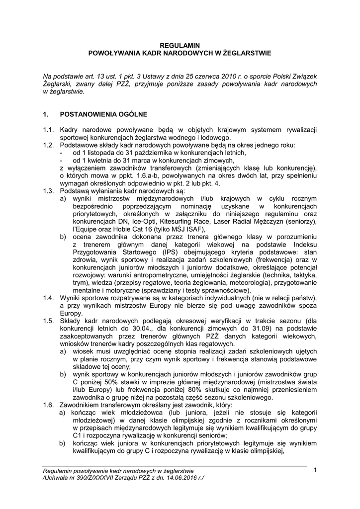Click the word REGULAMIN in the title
180,44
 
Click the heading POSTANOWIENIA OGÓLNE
103,114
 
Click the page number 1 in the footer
315,470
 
